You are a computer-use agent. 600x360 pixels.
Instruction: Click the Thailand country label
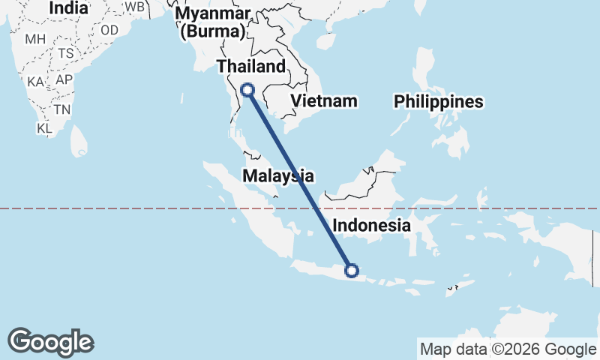(x=251, y=67)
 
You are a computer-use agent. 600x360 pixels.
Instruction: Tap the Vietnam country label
(x=323, y=100)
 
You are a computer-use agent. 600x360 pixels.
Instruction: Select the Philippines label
(x=439, y=102)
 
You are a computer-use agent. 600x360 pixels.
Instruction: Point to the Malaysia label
(x=277, y=175)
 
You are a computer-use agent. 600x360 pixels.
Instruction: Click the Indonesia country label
(x=372, y=225)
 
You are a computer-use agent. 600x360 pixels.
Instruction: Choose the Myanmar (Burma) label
(x=213, y=22)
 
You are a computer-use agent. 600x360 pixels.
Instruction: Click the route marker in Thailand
(x=247, y=91)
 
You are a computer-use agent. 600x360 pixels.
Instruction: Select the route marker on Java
(x=350, y=271)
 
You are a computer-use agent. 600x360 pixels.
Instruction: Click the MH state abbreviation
(x=35, y=39)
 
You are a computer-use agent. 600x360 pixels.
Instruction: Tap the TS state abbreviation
(x=66, y=54)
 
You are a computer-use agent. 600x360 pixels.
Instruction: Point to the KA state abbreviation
(x=35, y=82)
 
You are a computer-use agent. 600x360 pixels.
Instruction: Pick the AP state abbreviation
(x=64, y=79)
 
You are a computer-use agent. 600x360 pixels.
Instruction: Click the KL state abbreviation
(x=44, y=128)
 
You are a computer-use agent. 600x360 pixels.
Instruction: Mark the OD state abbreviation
(x=109, y=30)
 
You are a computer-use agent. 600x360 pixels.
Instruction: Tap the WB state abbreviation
(x=134, y=7)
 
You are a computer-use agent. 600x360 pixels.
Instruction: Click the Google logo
(x=50, y=342)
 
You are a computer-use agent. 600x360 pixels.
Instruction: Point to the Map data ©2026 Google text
(x=507, y=349)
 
